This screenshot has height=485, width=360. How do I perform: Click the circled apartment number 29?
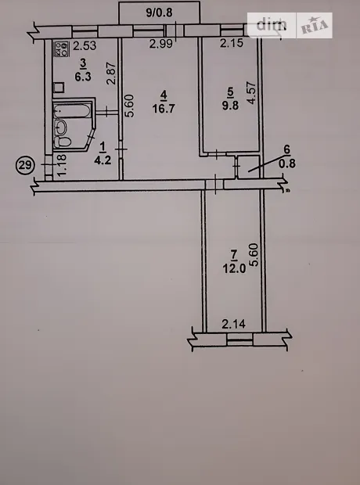click(x=25, y=165)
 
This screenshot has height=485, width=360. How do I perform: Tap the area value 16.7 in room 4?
click(x=164, y=109)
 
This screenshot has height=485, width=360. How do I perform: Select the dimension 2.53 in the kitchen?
click(x=85, y=46)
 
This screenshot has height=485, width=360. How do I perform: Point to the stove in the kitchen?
click(x=61, y=49)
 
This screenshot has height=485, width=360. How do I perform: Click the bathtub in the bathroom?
click(x=72, y=111)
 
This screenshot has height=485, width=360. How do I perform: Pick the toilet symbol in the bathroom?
click(x=63, y=142)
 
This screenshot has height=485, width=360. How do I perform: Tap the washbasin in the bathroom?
click(x=61, y=127)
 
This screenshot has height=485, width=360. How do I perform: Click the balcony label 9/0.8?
click(x=159, y=13)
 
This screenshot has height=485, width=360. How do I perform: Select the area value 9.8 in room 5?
click(x=230, y=106)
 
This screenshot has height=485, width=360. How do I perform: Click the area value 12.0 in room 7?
click(x=234, y=268)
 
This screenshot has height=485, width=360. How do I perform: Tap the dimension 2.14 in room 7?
click(x=234, y=324)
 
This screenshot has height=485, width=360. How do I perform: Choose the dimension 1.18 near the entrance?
click(x=63, y=165)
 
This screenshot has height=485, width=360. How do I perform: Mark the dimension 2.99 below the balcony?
click(x=161, y=44)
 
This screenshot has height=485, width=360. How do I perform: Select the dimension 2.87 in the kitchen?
click(x=111, y=74)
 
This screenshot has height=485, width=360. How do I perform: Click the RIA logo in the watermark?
click(x=315, y=26)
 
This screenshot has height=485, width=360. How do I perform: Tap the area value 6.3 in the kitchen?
click(x=83, y=76)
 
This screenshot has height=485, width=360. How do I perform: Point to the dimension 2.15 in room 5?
click(x=232, y=43)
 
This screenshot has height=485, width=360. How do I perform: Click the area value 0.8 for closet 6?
click(x=287, y=163)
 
